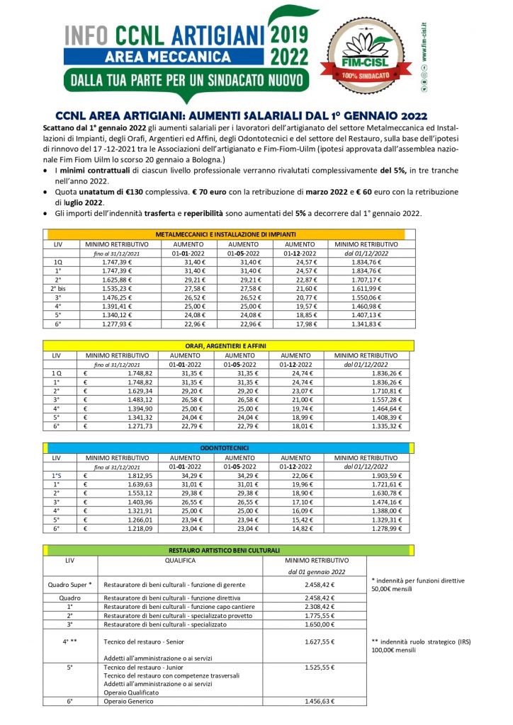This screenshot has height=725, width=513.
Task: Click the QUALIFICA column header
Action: (x=180, y=559)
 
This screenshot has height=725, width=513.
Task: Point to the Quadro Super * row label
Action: (x=70, y=585)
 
